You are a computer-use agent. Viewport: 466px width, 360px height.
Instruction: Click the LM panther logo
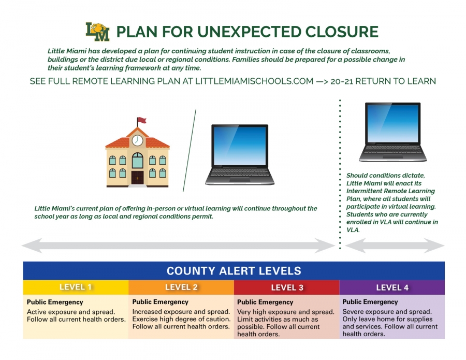[x=97, y=32]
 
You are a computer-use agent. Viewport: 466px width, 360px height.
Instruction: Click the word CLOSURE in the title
[x=342, y=32]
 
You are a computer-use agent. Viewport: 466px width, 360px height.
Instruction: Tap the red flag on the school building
[x=142, y=120]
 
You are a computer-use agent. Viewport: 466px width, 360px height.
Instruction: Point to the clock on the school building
[x=137, y=140]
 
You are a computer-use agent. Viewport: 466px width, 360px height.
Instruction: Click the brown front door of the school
[x=137, y=178]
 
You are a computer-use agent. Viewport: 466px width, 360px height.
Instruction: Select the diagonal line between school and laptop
[x=190, y=150]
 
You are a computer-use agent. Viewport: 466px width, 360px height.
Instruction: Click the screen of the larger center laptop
[x=240, y=146]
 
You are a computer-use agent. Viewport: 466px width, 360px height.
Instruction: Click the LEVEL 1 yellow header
[x=76, y=287]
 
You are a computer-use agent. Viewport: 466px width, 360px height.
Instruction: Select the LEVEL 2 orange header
[x=181, y=287]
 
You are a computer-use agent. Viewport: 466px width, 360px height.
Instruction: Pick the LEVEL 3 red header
[x=287, y=287]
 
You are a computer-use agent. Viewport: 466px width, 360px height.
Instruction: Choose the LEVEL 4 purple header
[x=392, y=287]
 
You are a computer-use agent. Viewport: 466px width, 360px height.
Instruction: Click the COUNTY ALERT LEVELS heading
[x=234, y=271]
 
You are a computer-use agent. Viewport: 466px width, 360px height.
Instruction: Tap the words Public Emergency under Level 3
[x=265, y=302]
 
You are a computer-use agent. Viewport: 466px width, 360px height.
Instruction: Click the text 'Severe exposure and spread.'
[x=387, y=311]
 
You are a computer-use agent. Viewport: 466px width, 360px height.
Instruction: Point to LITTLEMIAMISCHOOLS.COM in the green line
[x=254, y=81]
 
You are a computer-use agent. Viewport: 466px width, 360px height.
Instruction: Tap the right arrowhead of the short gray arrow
[x=434, y=246]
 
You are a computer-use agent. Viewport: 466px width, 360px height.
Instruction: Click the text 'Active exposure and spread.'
[x=71, y=312]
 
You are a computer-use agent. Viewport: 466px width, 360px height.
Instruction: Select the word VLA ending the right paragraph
[x=353, y=230]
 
